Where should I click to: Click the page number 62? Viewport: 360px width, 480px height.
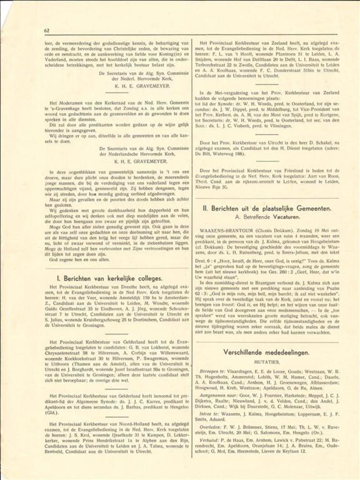(47, 30)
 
